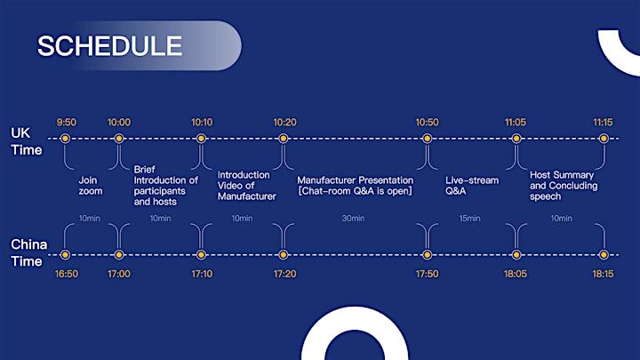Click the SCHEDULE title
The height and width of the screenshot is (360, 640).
pos(110,45)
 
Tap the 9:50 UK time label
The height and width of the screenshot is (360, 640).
pos(67,122)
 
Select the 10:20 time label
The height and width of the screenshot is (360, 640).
pos(285,122)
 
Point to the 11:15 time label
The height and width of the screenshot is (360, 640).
pos(603,122)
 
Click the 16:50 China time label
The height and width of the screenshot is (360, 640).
pos(67,274)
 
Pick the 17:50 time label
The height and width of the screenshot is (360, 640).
pos(427,274)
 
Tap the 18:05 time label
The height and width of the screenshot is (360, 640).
pos(516,274)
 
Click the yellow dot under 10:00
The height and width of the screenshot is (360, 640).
pos(119,139)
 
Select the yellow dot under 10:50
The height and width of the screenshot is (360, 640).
pos(427,139)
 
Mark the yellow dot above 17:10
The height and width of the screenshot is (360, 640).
pos(201,255)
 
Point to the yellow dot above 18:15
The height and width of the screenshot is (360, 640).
pos(604,255)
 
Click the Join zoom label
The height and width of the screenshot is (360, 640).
pos(91,186)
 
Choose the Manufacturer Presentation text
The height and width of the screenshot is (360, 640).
pos(355,180)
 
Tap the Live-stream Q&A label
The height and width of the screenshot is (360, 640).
pos(472,186)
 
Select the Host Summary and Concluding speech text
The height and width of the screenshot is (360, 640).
pos(564,186)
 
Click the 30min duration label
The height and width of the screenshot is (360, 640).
pos(353,219)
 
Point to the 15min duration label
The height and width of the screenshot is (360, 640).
pos(469,219)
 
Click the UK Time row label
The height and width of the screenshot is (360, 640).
pos(27,141)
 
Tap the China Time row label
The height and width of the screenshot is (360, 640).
pos(29,252)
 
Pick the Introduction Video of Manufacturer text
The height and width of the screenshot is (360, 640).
pos(246,186)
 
